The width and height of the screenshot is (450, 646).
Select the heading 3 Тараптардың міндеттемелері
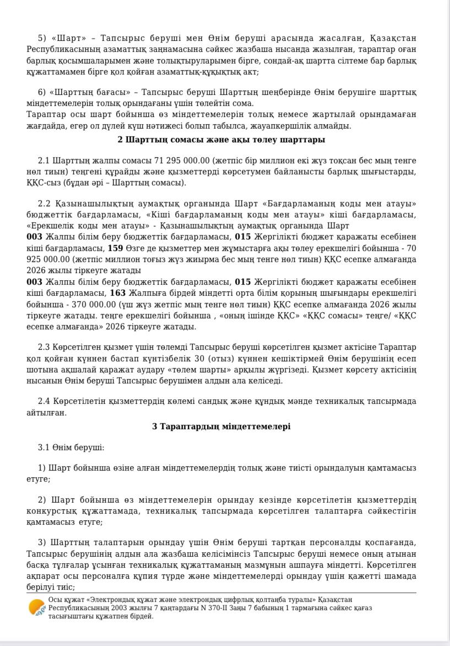pos(221,426)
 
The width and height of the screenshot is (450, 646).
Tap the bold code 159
pos(115,248)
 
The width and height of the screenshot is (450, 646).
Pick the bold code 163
pos(118,293)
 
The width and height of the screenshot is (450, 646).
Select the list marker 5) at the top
pos(42,38)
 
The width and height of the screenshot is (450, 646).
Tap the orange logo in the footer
pos(37,607)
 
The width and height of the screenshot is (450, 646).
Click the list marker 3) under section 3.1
pos(42,542)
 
